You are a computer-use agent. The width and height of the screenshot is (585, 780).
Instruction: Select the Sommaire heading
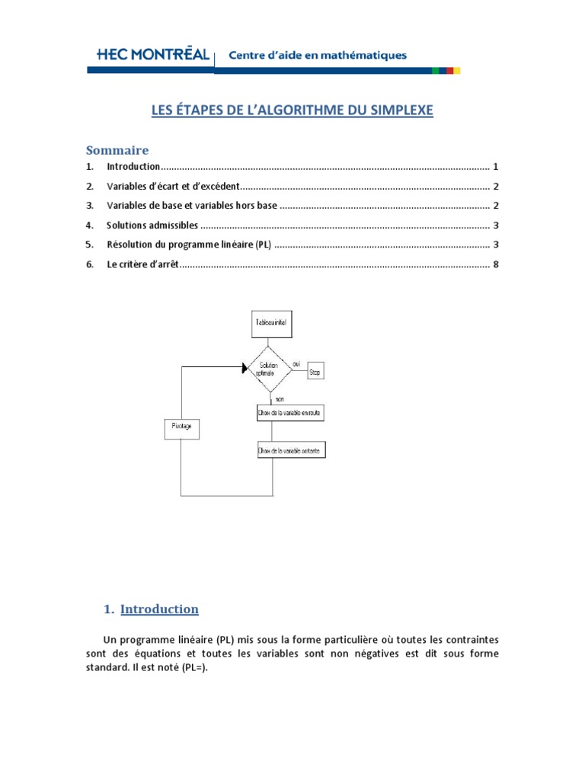(x=117, y=149)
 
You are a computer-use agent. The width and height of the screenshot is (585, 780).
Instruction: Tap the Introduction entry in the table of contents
(x=133, y=166)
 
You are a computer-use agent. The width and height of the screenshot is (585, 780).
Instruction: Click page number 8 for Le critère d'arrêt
(x=496, y=264)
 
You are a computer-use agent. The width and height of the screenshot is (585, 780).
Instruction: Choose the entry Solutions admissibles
(x=152, y=225)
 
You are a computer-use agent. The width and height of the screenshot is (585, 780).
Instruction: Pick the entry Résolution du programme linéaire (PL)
(x=190, y=245)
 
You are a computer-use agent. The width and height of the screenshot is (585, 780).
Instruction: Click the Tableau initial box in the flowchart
(x=271, y=323)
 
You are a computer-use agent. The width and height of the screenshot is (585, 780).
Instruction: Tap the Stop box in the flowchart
(x=315, y=373)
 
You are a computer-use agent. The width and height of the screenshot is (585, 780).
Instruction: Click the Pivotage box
(x=181, y=429)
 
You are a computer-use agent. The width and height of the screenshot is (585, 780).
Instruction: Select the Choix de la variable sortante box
(x=290, y=451)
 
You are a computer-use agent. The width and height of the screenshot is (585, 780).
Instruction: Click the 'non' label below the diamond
(x=280, y=399)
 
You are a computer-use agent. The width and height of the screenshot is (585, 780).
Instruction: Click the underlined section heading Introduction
(x=159, y=609)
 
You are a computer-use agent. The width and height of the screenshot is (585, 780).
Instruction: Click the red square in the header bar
(x=450, y=70)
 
